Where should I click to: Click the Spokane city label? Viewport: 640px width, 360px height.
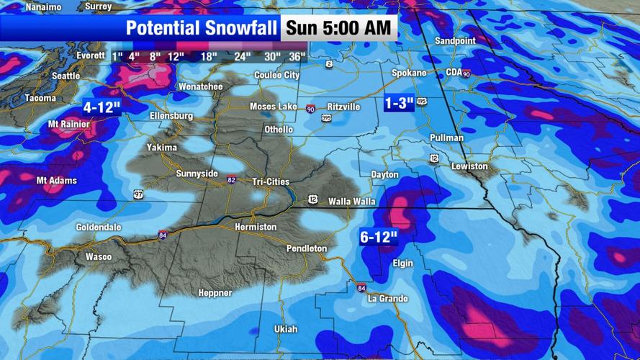click(x=409, y=73)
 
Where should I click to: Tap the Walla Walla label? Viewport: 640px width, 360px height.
click(x=351, y=202)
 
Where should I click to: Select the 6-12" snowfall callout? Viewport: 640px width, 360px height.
click(x=379, y=237)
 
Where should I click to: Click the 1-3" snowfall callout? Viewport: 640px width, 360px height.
click(x=399, y=103)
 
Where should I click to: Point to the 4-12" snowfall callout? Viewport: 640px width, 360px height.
click(x=102, y=108)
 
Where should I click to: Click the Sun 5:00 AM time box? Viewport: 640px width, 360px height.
click(x=339, y=28)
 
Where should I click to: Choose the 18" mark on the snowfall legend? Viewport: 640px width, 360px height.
click(x=209, y=56)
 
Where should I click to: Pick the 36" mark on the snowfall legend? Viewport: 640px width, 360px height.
click(x=297, y=56)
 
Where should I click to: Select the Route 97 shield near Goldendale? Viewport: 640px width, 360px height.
click(x=138, y=194)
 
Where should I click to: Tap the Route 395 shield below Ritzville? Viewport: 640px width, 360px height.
click(x=326, y=117)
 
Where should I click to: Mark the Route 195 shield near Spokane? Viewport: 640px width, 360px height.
click(x=422, y=103)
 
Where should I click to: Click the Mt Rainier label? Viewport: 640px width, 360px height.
click(x=69, y=125)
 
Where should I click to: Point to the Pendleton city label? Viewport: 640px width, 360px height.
click(x=307, y=248)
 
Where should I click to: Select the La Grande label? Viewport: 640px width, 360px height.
click(x=387, y=299)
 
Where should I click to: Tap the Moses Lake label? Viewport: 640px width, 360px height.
click(x=273, y=107)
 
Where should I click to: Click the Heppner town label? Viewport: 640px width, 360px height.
click(x=215, y=293)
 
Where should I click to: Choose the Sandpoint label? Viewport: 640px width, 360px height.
click(x=455, y=41)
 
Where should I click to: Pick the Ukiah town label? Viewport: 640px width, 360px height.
click(x=286, y=329)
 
